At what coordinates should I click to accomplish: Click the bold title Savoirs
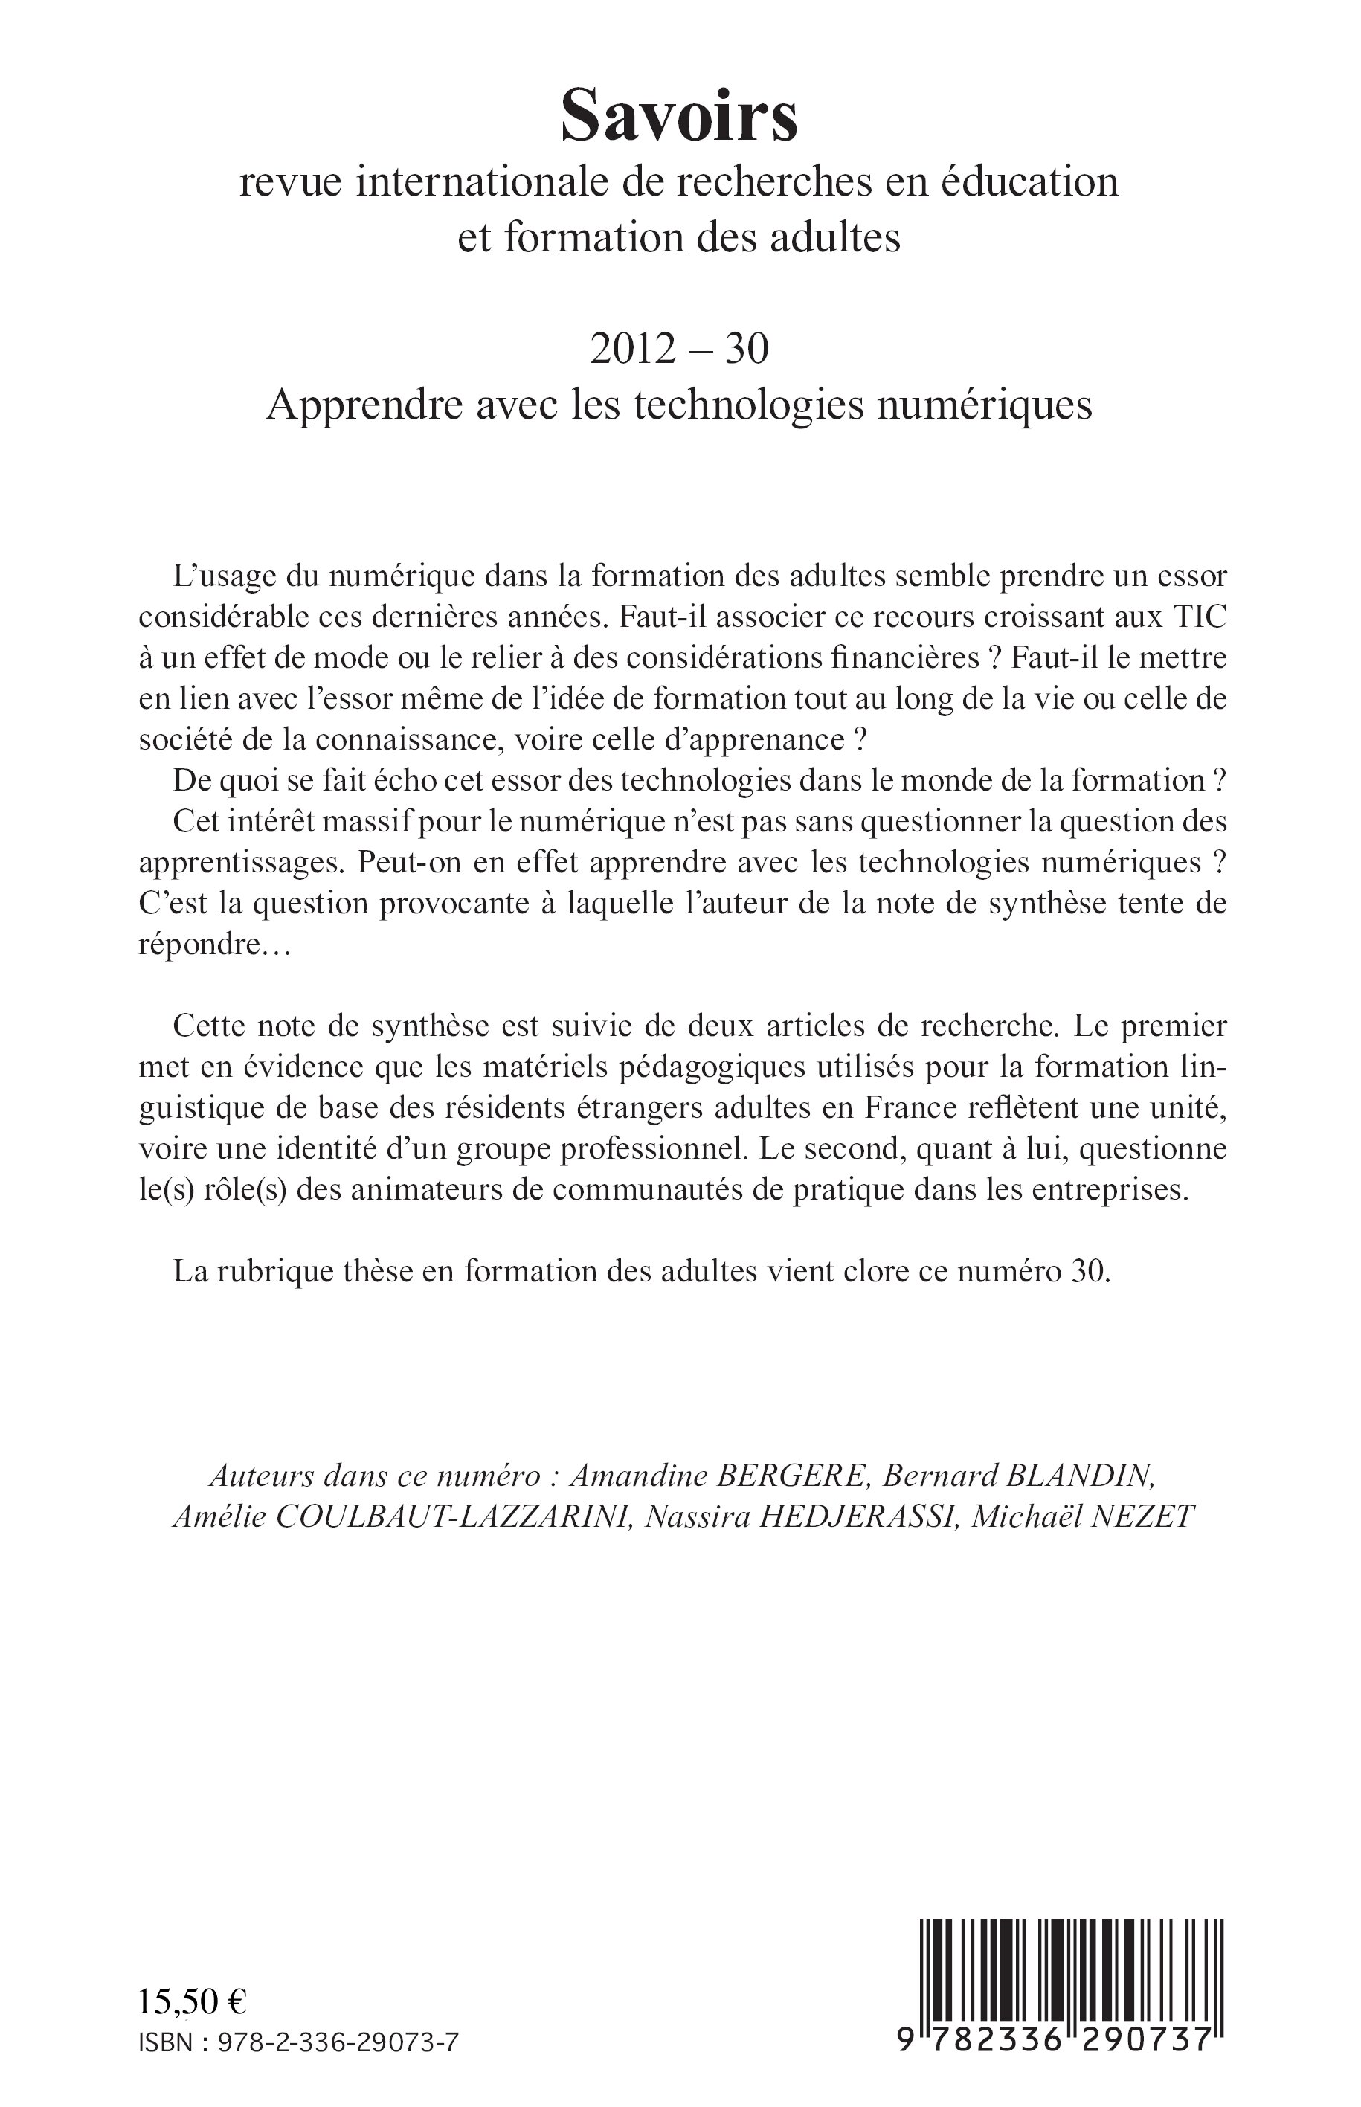(x=680, y=118)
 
